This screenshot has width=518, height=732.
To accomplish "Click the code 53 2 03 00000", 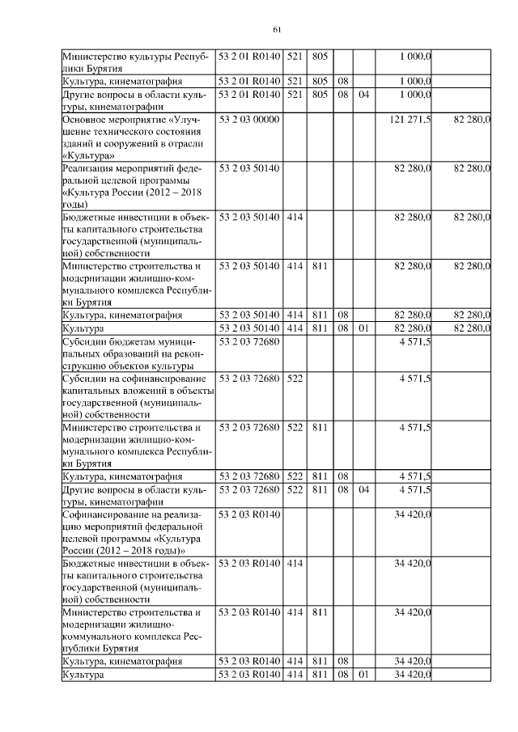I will [x=249, y=120].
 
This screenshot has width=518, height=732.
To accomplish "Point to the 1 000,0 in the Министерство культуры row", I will [x=415, y=56].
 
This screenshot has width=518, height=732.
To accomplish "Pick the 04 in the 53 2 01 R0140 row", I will [x=363, y=95].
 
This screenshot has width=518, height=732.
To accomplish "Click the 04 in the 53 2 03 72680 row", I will [x=363, y=489].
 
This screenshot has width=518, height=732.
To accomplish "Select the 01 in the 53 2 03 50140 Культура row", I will [x=363, y=328].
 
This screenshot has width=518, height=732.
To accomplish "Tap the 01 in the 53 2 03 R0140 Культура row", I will [x=363, y=675].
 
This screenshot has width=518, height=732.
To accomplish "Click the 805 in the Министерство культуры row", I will [x=319, y=56].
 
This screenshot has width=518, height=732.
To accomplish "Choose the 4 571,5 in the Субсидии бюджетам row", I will [x=415, y=342].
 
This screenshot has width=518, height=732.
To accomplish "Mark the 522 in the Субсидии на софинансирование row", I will [x=295, y=379].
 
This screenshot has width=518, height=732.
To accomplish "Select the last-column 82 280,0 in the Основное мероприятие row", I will [x=473, y=120].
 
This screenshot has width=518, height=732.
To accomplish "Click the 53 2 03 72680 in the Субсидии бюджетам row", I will [x=249, y=342].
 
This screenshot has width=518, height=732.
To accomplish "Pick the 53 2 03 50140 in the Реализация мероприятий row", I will [x=249, y=167].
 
